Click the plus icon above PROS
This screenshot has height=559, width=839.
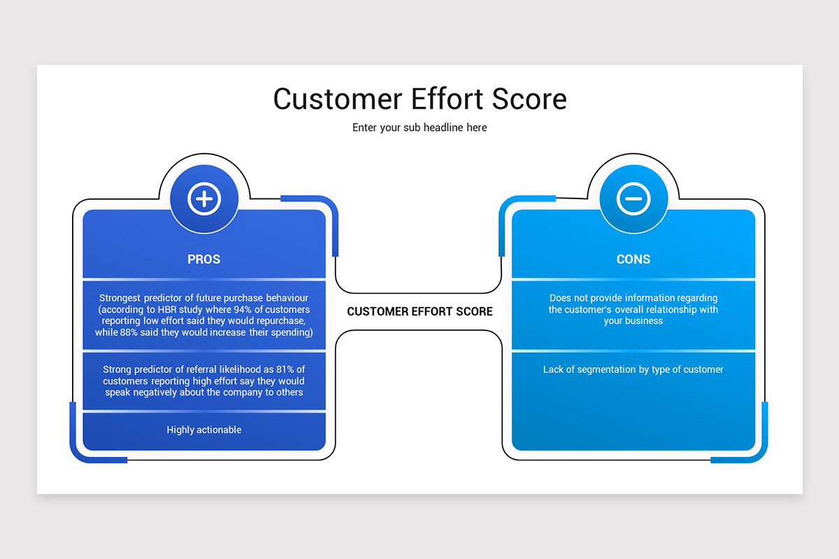(204, 200)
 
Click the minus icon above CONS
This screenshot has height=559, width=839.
(633, 199)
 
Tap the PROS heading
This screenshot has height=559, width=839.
(204, 259)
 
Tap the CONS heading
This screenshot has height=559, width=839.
(633, 259)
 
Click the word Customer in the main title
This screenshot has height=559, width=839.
(336, 99)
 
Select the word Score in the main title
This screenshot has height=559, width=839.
(528, 99)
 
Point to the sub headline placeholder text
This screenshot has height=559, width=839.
(419, 128)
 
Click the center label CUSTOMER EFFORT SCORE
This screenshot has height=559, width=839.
(419, 312)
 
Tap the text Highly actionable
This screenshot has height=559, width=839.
(204, 430)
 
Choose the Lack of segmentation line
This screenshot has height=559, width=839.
(633, 370)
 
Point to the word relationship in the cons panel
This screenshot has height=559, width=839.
(664, 310)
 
